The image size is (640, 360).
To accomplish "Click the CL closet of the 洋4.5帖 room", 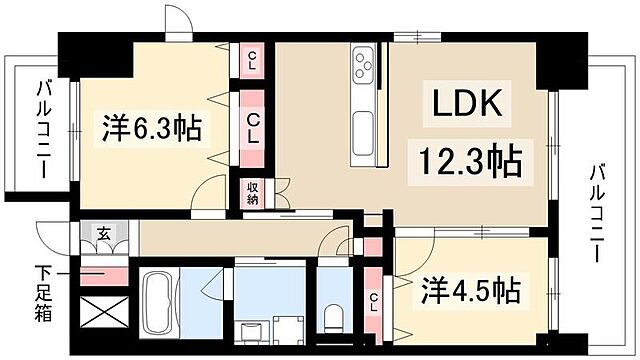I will [x=373, y=299].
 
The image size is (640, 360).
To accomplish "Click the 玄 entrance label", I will [x=103, y=233].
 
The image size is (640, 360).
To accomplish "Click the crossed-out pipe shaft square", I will [x=102, y=316].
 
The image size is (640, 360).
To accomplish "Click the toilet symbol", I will [x=334, y=316].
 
